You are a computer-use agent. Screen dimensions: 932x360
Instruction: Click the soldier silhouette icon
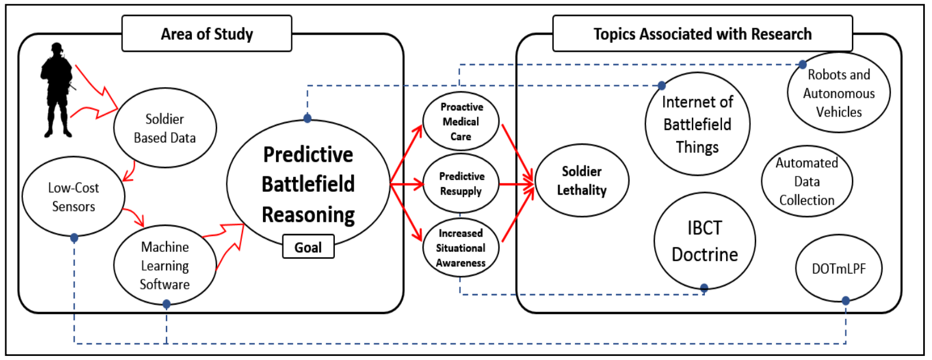click(x=57, y=90)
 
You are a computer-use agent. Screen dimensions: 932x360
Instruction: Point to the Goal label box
click(x=308, y=247)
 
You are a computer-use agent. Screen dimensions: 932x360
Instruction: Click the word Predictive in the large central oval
click(x=308, y=154)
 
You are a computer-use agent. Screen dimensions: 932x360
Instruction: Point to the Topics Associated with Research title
click(x=703, y=34)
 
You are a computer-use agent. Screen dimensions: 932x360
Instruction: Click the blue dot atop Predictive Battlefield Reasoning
click(x=308, y=119)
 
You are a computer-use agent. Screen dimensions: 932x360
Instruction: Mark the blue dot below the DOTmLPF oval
click(x=846, y=301)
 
